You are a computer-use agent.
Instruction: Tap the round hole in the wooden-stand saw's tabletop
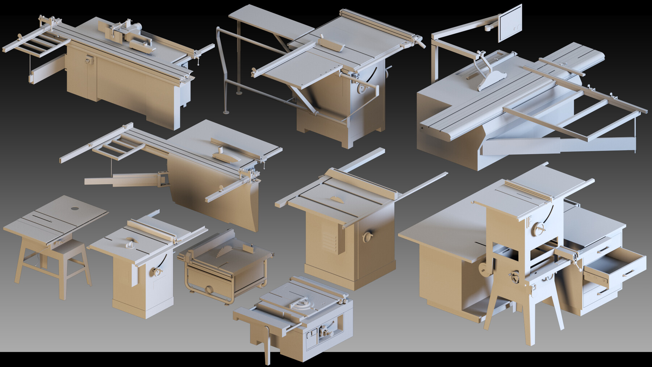(75, 208)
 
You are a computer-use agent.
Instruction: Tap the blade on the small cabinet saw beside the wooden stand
(130, 240)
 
